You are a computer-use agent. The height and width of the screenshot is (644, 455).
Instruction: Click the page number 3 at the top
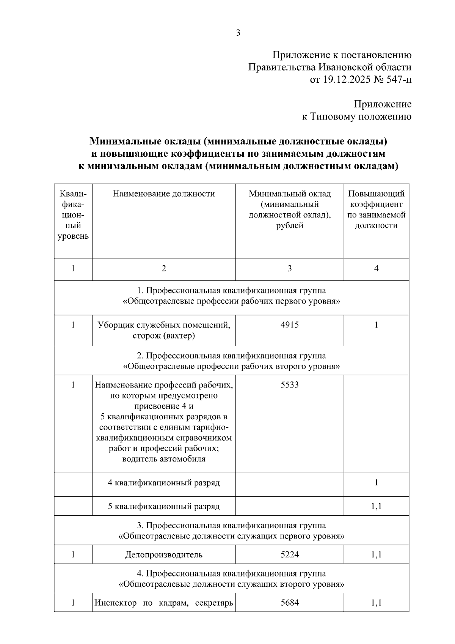(238, 33)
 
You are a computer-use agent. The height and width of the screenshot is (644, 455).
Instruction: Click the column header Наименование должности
(164, 194)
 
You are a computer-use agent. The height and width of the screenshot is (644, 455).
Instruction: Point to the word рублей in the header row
(290, 225)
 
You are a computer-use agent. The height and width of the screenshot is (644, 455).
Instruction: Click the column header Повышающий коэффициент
(376, 199)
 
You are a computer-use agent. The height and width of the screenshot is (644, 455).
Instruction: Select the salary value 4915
(290, 325)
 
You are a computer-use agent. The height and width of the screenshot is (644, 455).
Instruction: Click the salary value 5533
(290, 385)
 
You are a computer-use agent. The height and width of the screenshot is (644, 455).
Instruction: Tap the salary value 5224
(290, 554)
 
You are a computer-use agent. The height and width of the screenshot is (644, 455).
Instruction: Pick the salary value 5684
(290, 603)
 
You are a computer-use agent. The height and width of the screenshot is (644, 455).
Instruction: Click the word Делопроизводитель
(164, 554)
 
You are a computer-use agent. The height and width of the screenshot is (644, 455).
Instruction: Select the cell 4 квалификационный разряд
(164, 483)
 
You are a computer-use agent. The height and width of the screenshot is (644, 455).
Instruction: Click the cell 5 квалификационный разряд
(164, 506)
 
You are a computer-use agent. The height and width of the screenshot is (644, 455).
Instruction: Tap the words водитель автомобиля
(164, 459)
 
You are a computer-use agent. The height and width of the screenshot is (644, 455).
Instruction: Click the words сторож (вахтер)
(164, 335)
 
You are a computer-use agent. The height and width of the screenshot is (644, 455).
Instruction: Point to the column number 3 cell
(290, 269)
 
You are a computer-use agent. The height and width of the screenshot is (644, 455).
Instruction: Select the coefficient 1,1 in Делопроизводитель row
(376, 554)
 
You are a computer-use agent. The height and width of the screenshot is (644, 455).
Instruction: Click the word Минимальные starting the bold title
(119, 142)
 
